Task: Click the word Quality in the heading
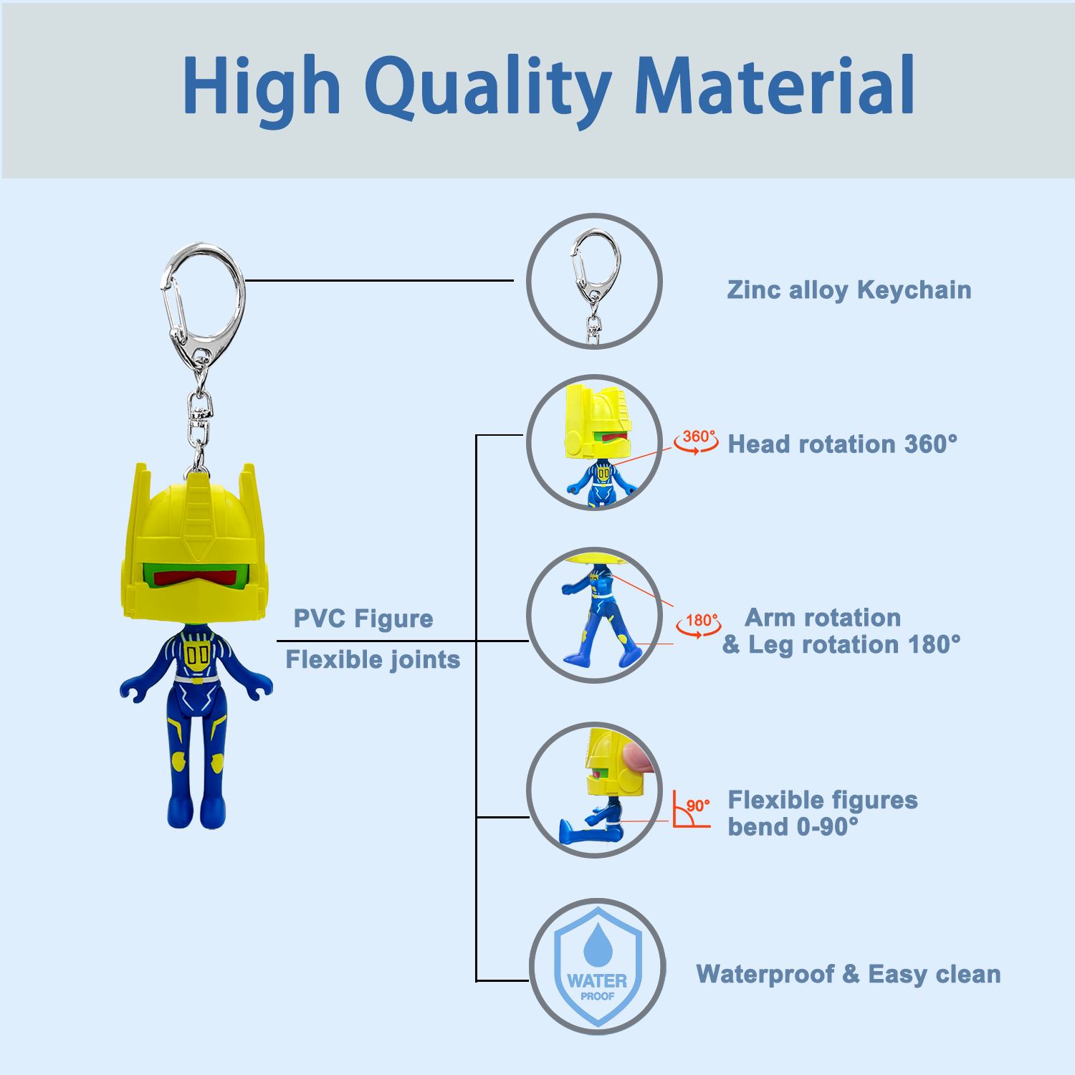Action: pos(488,89)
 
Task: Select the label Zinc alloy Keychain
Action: pos(849,290)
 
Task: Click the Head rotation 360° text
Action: pos(843,444)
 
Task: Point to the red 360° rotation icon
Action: pos(697,441)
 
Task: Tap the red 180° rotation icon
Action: pos(699,625)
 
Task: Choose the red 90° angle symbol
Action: pos(692,809)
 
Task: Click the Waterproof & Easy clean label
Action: pos(849,975)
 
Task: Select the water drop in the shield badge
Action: pos(598,944)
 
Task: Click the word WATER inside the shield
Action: pos(597,980)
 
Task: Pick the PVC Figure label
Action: pos(363,618)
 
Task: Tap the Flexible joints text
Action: pos(373,659)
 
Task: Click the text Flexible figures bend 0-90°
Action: pos(823,813)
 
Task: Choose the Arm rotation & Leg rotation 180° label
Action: pos(841,631)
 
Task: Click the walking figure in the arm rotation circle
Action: pos(597,616)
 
